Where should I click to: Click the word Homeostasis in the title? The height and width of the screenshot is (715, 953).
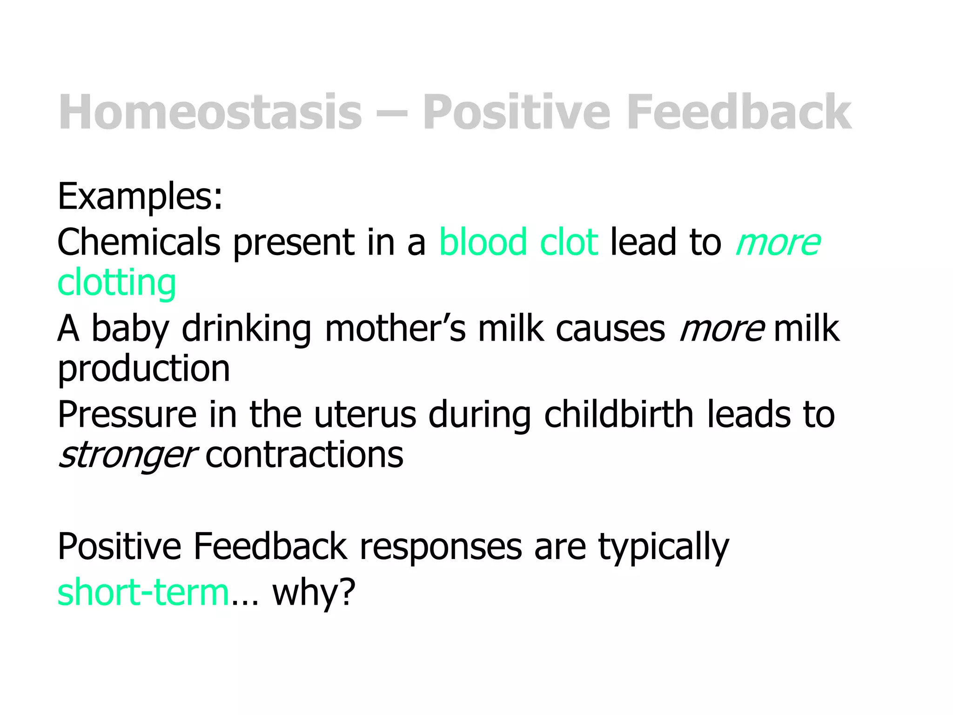[210, 112]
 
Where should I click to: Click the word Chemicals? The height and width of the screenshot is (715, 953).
[139, 242]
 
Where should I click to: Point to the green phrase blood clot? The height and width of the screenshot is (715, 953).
[518, 242]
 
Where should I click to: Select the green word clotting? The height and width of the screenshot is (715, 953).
[116, 283]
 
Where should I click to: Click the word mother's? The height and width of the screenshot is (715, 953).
[395, 329]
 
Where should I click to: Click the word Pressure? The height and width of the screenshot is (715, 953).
[127, 414]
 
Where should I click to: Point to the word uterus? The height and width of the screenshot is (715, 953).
[365, 414]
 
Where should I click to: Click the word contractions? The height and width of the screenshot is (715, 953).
[304, 455]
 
